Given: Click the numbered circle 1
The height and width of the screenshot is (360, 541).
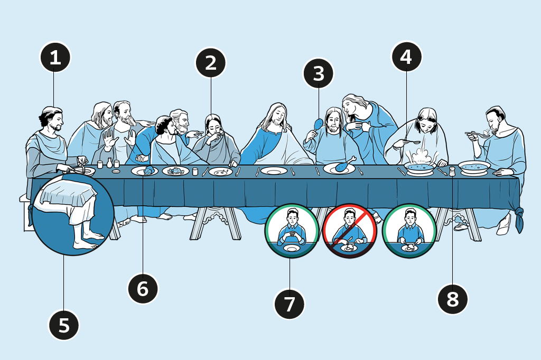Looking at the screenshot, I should [55, 58].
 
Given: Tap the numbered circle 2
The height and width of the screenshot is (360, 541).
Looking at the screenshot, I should [211, 63].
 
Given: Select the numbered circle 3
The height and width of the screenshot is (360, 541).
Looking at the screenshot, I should [319, 74].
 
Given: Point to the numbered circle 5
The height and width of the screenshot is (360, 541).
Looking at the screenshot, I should [64, 325].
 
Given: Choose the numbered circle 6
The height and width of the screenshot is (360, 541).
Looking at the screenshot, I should [143, 289].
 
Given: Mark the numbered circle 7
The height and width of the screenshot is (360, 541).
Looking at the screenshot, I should [290, 304].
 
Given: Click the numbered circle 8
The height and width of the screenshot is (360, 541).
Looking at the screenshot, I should [453, 299].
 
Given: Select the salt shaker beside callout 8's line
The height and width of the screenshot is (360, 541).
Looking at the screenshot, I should [452, 171].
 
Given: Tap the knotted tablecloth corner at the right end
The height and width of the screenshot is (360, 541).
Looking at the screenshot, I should [519, 218].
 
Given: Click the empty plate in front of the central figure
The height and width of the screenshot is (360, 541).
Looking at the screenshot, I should [274, 171].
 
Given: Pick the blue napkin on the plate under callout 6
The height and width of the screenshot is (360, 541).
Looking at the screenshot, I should [148, 169].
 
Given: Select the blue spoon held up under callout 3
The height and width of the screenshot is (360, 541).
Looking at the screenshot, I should [319, 125].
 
